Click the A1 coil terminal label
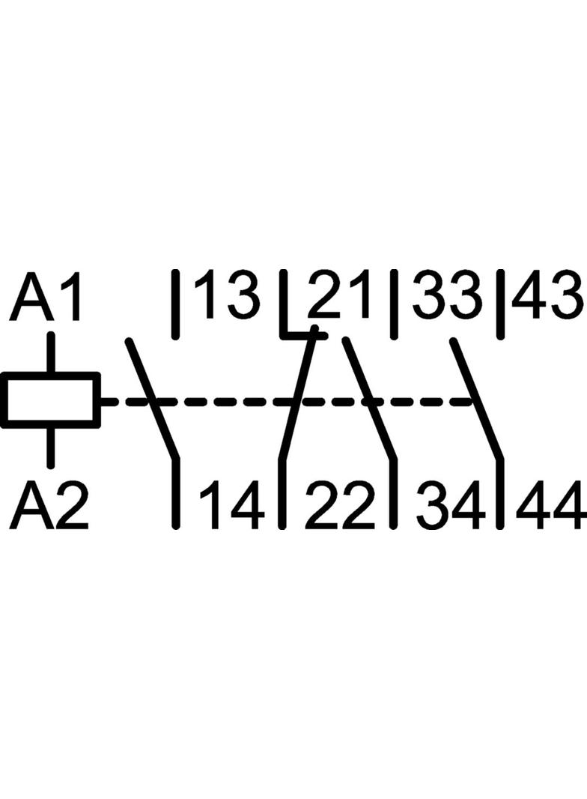click(x=46, y=296)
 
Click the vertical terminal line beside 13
click(x=176, y=304)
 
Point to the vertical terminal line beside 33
click(x=394, y=304)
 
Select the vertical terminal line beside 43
click(x=501, y=304)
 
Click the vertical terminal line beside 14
click(x=176, y=492)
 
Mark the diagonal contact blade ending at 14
click(x=152, y=399)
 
